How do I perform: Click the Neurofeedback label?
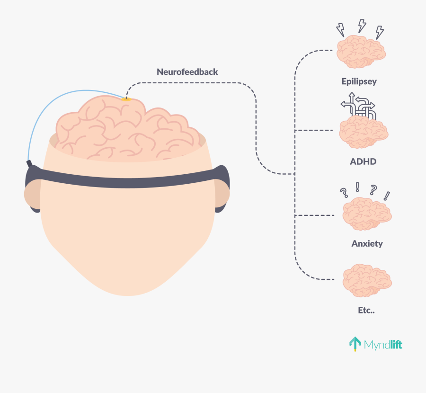tap(187, 72)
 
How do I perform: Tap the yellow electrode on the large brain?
tap(126, 99)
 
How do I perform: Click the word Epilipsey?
tap(359, 81)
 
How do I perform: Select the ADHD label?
tap(363, 161)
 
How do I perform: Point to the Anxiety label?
tap(367, 243)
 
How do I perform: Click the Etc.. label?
tap(366, 310)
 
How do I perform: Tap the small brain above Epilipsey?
tap(361, 51)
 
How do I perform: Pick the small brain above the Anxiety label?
tap(367, 214)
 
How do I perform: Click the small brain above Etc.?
tap(367, 280)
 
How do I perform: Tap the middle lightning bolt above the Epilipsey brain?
tap(362, 26)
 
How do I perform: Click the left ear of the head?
tap(32, 194)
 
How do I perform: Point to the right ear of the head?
tap(222, 194)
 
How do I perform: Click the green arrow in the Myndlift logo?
tap(355, 344)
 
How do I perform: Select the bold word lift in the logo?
tap(396, 344)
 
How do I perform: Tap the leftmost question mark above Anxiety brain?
tap(344, 193)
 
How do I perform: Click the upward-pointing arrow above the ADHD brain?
tap(352, 103)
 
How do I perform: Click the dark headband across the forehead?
tap(127, 179)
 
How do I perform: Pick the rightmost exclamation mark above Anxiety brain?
tap(387, 196)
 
